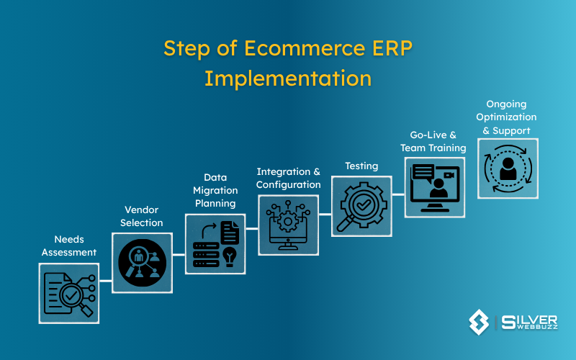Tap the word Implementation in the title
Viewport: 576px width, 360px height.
288,78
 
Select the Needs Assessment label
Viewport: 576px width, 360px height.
69,246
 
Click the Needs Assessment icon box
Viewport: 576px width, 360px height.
69,292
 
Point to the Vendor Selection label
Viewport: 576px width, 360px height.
142,216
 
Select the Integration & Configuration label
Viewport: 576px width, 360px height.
289,178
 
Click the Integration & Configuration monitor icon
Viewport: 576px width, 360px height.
288,225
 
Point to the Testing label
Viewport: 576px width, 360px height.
361,166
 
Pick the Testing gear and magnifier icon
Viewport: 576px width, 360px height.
361,206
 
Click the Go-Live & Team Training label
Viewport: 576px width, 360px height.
433,141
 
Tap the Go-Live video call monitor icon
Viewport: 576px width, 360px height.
434,186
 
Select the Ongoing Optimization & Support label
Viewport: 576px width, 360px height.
507,117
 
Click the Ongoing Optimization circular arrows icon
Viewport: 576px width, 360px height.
507,168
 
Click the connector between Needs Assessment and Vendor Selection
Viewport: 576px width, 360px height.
106,280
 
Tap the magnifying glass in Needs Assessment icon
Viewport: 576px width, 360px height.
78,300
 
